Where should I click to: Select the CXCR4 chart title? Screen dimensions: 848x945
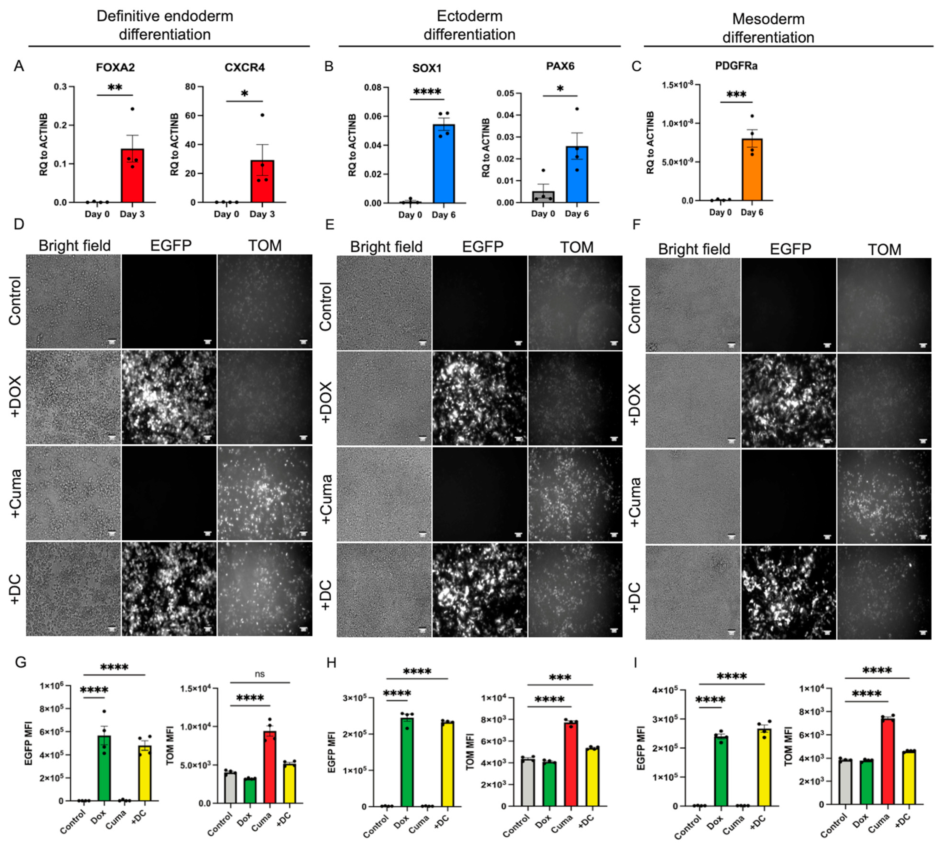pyautogui.click(x=244, y=68)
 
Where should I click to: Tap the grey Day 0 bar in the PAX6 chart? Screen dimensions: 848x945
pyautogui.click(x=543, y=197)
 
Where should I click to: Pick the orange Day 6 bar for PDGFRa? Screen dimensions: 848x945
pyautogui.click(x=752, y=170)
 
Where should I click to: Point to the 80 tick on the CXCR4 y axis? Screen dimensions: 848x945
pyautogui.click(x=190, y=87)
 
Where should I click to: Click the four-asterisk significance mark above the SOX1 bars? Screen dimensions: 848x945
pyautogui.click(x=427, y=92)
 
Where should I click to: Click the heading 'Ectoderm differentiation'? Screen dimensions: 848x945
pyautogui.click(x=469, y=25)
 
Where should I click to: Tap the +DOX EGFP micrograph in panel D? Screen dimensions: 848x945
pyautogui.click(x=169, y=398)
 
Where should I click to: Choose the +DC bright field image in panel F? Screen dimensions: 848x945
pyautogui.click(x=693, y=592)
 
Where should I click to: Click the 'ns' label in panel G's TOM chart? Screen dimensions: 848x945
pyautogui.click(x=260, y=674)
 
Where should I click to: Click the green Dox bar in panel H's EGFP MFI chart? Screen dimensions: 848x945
pyautogui.click(x=407, y=762)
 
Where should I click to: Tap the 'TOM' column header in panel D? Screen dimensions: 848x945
pyautogui.click(x=264, y=245)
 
